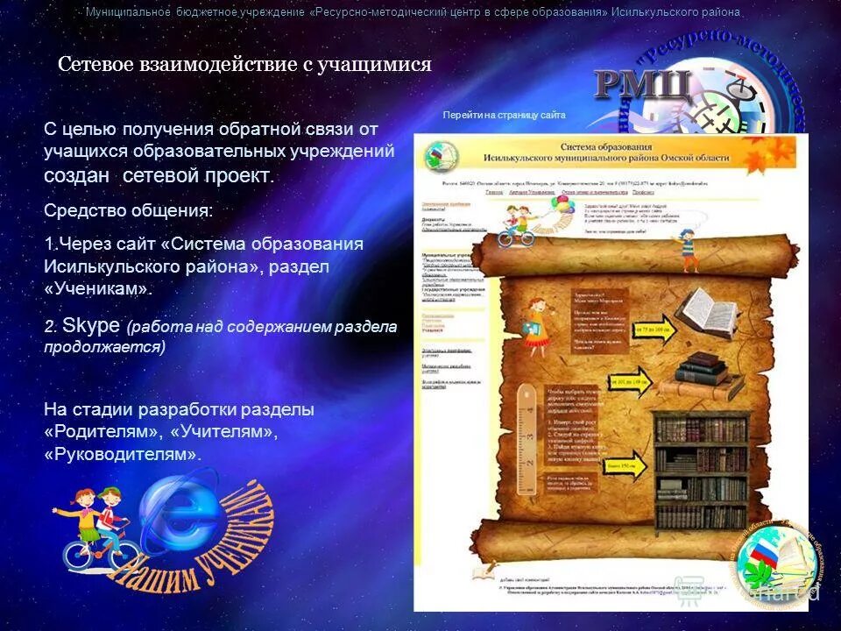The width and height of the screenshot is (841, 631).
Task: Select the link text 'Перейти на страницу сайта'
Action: coord(504,115)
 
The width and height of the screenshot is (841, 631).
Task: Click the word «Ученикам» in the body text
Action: coord(97,288)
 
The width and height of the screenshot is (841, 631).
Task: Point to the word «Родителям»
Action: coord(102,432)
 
